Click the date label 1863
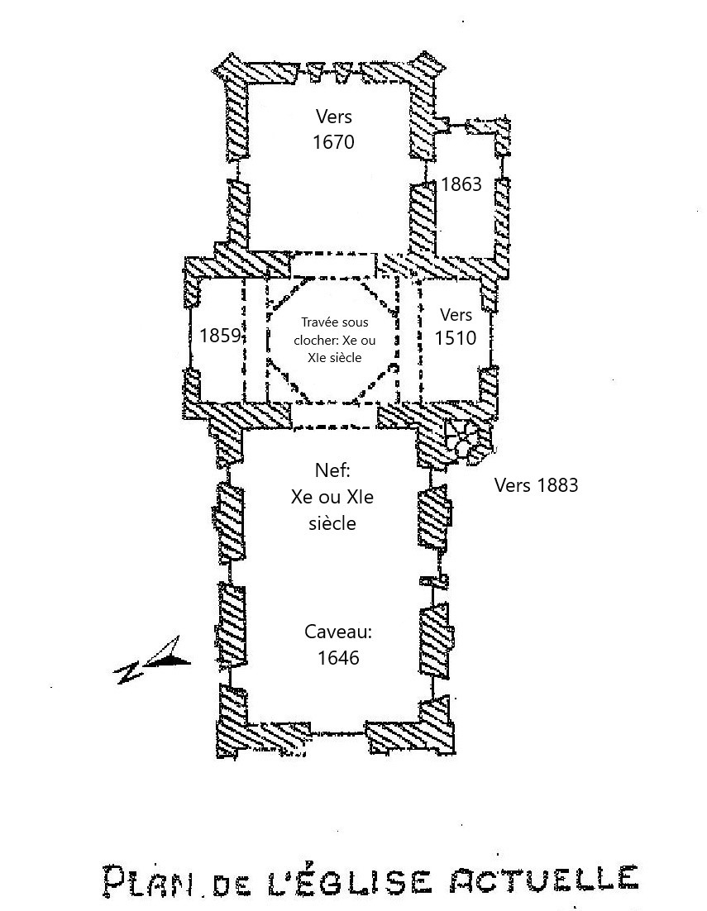tap(461, 184)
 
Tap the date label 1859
tap(220, 336)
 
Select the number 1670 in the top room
tap(333, 142)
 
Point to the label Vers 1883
tap(536, 485)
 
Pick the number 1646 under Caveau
tap(338, 658)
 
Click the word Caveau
tap(338, 632)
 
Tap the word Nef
tap(333, 470)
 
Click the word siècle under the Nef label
tap(332, 523)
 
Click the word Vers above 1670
tap(333, 117)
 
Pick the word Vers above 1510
tap(456, 314)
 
